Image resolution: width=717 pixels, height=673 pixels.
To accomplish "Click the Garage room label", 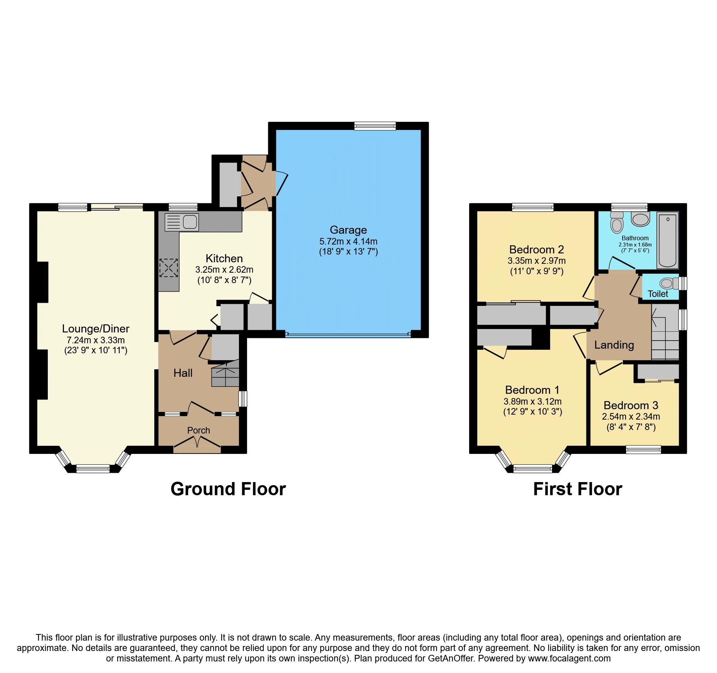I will (348, 230).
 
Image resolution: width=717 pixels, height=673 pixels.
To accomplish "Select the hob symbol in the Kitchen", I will (169, 268).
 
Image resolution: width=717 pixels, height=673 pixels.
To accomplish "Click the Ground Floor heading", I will (228, 489).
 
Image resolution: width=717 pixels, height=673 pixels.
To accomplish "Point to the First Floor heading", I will (577, 489).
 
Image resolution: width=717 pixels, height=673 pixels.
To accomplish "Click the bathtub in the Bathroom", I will (668, 240).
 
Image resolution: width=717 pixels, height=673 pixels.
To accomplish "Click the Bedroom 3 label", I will (631, 405).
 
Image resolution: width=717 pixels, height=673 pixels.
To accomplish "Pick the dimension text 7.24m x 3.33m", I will (96, 340).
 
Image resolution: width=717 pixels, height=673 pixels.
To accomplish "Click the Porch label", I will (199, 430).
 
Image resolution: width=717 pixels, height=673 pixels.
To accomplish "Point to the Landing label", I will (614, 345).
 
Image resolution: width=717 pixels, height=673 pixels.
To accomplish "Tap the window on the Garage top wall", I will (375, 126).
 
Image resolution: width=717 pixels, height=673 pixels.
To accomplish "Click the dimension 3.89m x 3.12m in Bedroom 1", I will (532, 401).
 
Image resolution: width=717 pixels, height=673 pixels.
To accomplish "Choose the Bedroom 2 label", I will (537, 250).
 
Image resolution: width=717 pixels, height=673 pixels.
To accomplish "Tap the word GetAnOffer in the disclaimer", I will (450, 658).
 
